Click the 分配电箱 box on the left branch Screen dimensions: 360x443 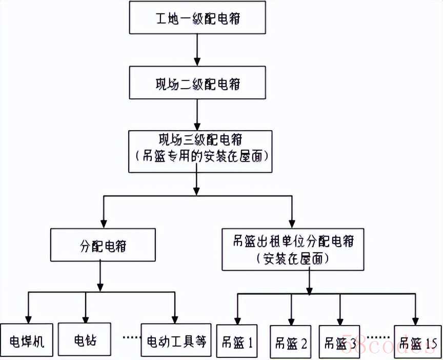coord(103,246)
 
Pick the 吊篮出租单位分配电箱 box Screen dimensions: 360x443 coord(292,249)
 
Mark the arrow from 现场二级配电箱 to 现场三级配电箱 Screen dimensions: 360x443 coord(197,114)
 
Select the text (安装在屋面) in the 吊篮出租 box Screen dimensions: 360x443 coord(292,258)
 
